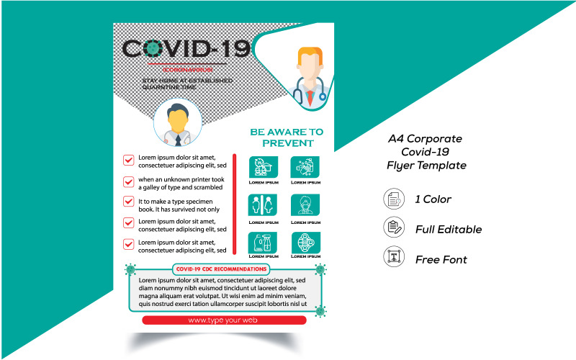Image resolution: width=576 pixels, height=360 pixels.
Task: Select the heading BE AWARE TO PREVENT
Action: coord(287,137)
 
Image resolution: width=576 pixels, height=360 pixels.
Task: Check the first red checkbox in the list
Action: coord(129,160)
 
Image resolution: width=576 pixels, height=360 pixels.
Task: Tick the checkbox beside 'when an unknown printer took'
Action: coord(129,182)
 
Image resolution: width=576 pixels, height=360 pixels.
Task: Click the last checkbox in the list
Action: coord(129,245)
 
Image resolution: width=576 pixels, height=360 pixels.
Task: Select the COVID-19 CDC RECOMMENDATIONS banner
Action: coord(222,269)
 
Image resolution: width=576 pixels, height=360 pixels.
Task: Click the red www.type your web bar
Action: coord(223,320)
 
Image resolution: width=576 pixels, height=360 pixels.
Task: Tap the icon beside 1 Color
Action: coord(392,199)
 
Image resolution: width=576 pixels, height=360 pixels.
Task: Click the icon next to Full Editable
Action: coord(392,228)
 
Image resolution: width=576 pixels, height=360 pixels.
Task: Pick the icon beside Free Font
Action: coord(392,258)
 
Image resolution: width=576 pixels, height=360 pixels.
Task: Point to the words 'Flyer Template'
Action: coord(426,166)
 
